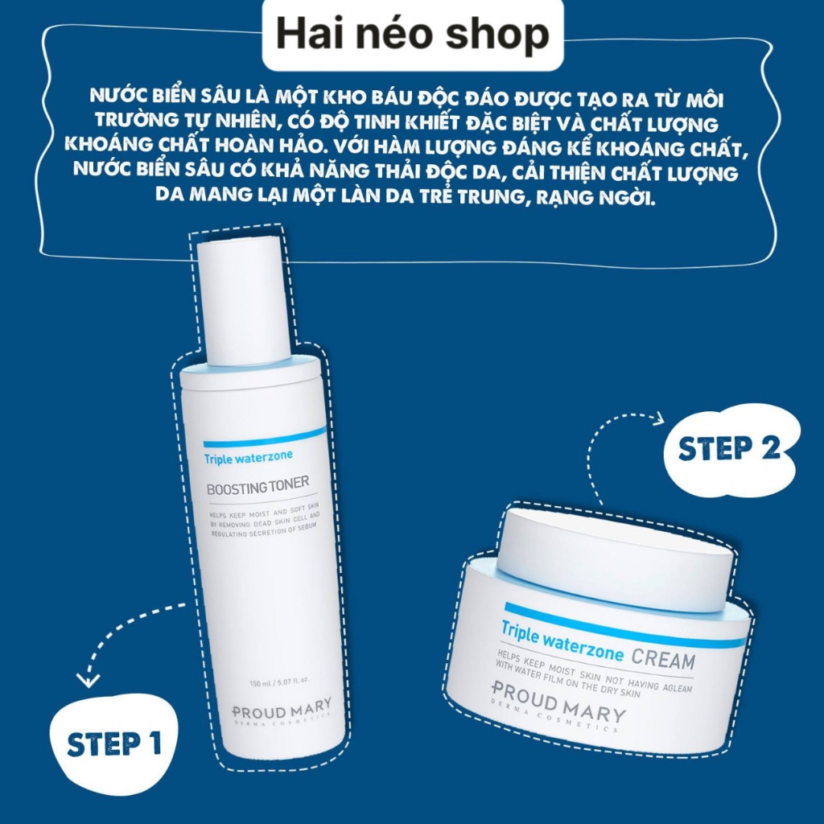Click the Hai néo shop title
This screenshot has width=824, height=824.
[411, 35]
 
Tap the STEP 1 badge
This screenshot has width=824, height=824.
[113, 743]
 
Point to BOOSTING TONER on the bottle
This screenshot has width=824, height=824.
[257, 488]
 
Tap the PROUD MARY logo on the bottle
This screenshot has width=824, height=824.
[282, 711]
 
